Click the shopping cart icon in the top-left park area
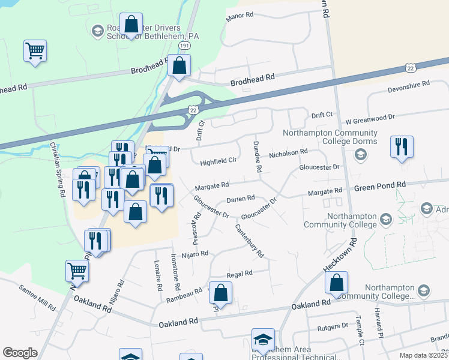point(35,50)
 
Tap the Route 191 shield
point(185,46)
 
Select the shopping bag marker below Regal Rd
point(221,293)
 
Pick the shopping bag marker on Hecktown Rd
point(337,283)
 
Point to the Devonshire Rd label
point(409,86)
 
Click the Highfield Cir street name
point(218,161)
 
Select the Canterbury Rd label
point(249,241)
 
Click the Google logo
point(20,353)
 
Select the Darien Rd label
point(241,198)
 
